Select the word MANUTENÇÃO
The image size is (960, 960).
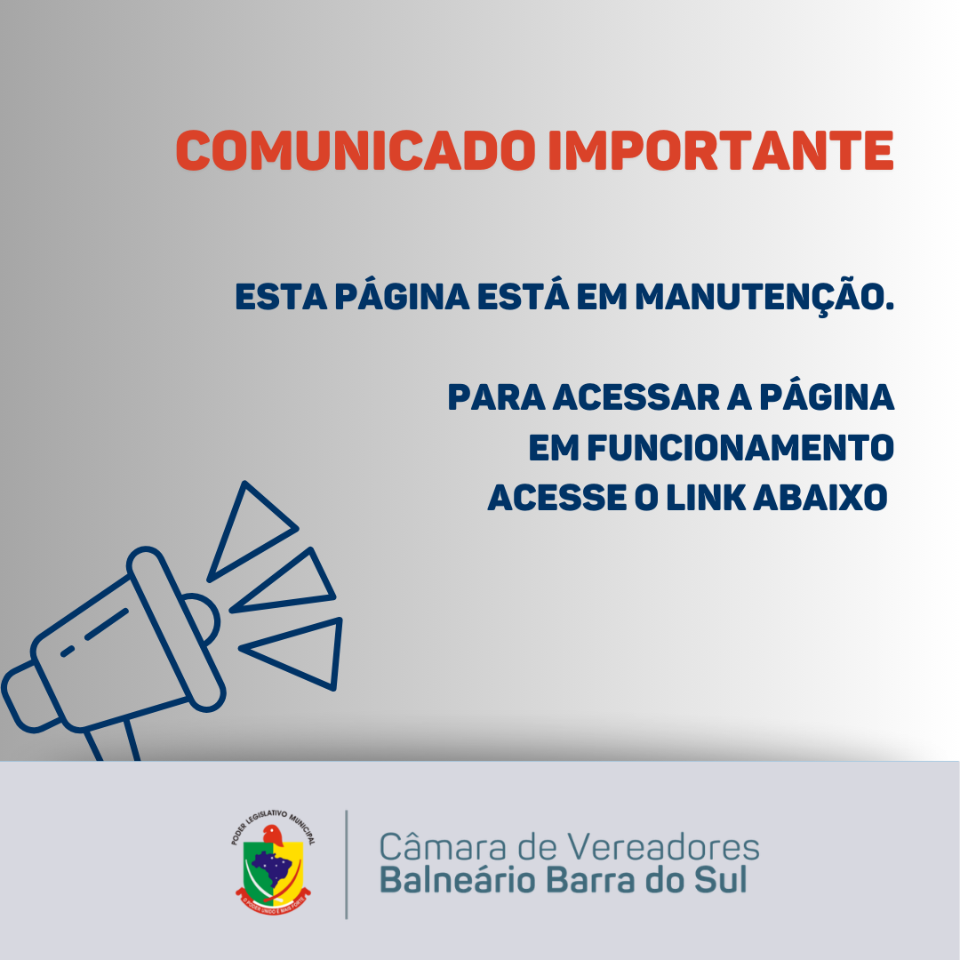pos(764,297)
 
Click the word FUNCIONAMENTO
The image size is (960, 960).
pos(738,448)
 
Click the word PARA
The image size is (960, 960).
pos(495,397)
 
